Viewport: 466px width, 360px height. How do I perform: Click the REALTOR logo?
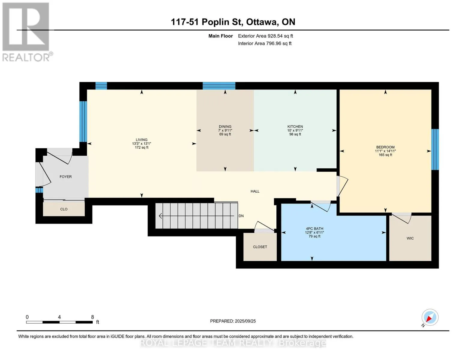[27, 32]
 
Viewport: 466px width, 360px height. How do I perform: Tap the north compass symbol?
[430, 318]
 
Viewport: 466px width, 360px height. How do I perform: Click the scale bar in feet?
[59, 322]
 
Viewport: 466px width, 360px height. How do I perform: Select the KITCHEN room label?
[295, 127]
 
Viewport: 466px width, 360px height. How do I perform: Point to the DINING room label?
[225, 127]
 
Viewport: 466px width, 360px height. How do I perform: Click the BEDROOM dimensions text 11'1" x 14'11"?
[385, 151]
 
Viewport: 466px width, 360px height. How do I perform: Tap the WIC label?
[410, 238]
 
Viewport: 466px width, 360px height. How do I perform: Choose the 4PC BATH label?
[314, 229]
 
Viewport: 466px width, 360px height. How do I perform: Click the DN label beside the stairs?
[241, 216]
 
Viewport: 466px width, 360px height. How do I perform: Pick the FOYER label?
[66, 177]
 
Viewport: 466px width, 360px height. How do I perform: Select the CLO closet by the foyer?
[64, 209]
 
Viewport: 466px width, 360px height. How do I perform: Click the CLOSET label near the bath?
[260, 247]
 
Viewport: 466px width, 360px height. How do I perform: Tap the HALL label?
[255, 191]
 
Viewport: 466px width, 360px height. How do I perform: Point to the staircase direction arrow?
[196, 216]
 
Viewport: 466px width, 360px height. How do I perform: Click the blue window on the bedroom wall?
[435, 149]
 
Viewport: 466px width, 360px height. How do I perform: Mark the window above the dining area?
[219, 86]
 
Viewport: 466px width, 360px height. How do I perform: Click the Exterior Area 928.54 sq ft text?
[266, 36]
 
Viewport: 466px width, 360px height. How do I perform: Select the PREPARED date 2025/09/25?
[245, 321]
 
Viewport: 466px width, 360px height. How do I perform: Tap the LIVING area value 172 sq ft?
[142, 148]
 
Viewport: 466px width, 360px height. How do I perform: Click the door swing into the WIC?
[402, 218]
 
